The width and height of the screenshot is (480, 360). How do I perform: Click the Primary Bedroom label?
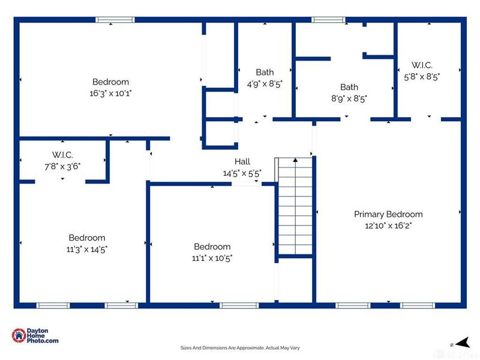click(388, 214)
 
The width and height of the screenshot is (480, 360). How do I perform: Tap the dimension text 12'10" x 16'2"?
click(388, 226)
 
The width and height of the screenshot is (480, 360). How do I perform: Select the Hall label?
click(242, 161)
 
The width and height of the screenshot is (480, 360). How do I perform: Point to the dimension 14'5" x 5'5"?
click(242, 173)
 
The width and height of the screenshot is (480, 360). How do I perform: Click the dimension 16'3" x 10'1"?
click(110, 93)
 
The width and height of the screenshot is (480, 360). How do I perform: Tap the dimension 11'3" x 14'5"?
click(86, 250)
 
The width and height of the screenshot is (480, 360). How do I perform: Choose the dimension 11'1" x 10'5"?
click(212, 258)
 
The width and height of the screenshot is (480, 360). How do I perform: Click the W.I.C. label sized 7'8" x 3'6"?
click(62, 155)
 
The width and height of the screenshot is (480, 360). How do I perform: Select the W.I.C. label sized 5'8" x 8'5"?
click(422, 65)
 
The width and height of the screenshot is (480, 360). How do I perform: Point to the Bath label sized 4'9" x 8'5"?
click(265, 72)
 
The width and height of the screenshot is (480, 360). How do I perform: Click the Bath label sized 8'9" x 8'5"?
click(349, 87)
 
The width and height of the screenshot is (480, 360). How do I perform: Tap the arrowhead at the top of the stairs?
click(295, 160)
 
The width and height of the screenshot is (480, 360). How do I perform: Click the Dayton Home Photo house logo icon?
click(19, 335)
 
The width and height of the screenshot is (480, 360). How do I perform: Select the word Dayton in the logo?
click(37, 331)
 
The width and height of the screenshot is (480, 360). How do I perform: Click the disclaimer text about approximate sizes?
click(240, 348)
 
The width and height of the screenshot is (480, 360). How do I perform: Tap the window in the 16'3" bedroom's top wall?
click(115, 20)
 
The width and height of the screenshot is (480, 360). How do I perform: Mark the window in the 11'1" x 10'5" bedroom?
click(239, 305)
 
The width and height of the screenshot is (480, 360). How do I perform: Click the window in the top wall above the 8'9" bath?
click(328, 20)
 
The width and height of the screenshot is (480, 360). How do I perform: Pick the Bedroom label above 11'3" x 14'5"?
click(87, 238)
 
